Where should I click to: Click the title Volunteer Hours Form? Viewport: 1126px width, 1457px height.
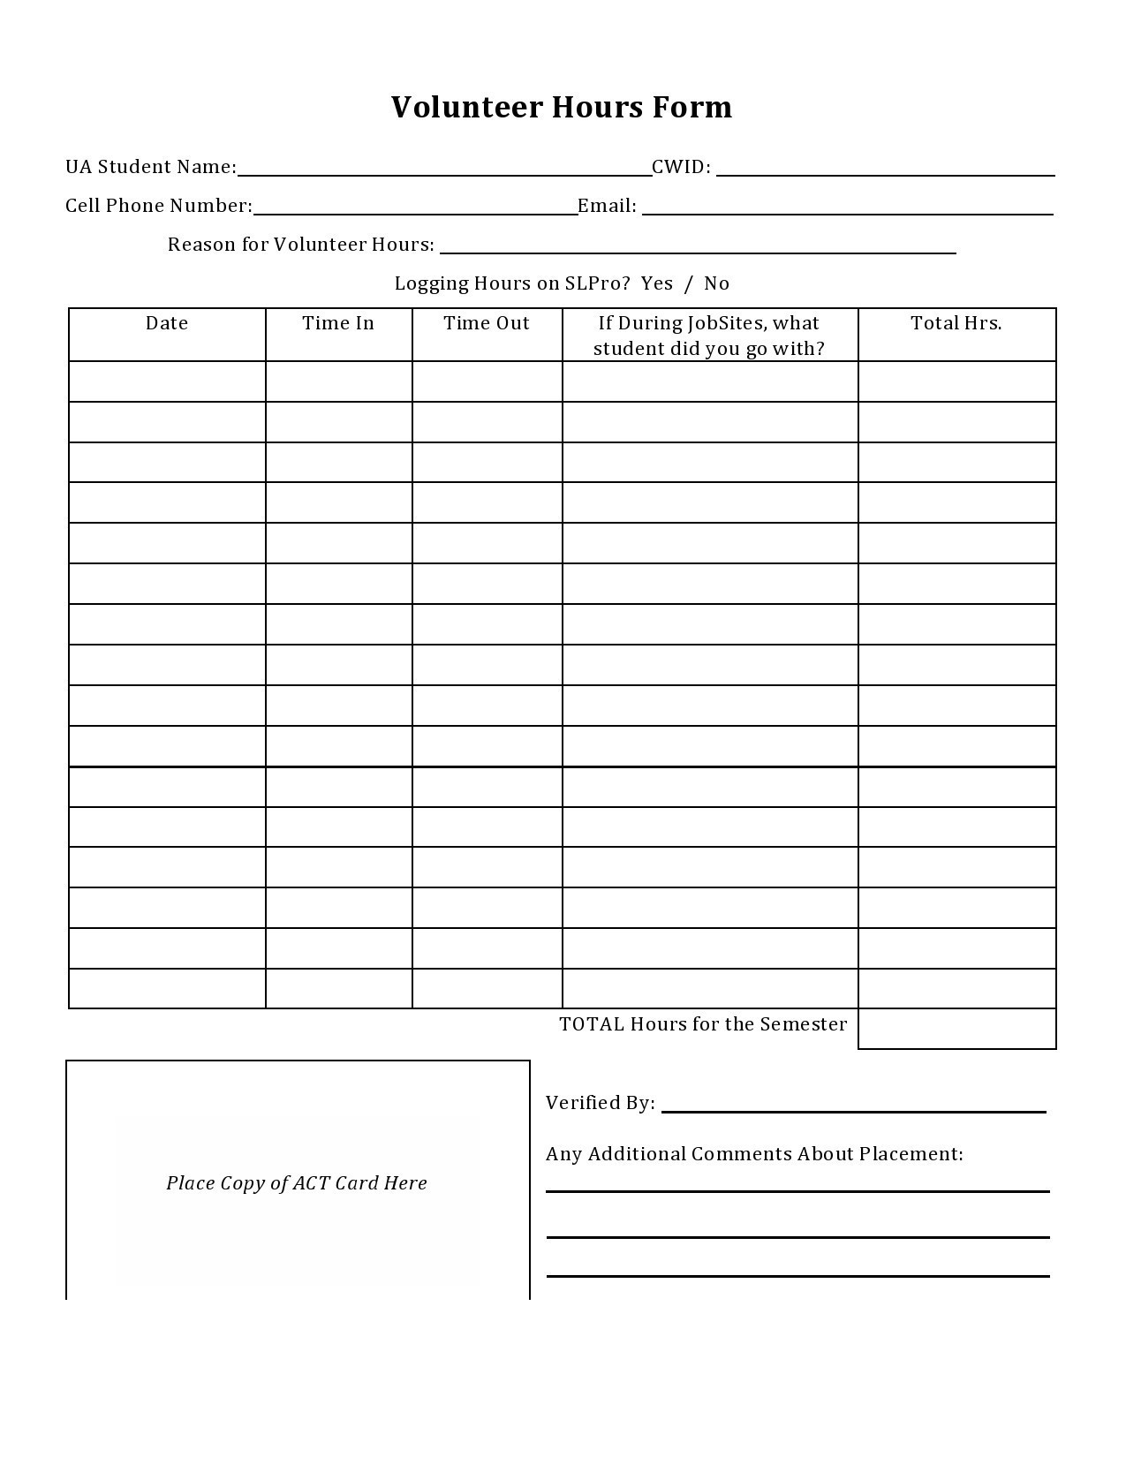(x=562, y=107)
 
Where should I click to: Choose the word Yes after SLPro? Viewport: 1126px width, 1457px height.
(x=656, y=283)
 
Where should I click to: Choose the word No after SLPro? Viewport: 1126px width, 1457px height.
(x=716, y=283)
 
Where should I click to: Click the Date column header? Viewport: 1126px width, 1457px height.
(x=167, y=323)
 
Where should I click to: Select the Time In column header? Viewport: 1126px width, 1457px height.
(x=338, y=323)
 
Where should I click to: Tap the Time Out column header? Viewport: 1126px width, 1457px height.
(x=487, y=323)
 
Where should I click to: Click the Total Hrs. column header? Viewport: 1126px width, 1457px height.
(x=956, y=323)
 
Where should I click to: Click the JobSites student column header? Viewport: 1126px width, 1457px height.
(x=709, y=336)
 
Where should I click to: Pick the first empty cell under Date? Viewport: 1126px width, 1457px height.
(x=167, y=381)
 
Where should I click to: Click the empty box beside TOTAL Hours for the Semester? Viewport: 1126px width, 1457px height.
(x=956, y=1029)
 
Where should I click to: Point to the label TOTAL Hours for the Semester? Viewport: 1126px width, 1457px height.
(x=703, y=1024)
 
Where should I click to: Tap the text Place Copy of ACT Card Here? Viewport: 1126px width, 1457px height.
(x=297, y=1183)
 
